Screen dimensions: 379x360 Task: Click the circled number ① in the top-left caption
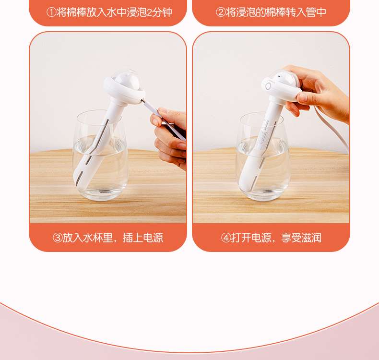point(51,12)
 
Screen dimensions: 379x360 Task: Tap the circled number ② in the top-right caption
point(220,12)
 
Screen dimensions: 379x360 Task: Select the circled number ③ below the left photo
point(58,238)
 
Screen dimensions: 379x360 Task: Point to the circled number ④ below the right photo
point(226,238)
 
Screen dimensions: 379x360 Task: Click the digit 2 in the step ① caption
point(149,12)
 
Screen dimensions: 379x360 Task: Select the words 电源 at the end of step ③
point(153,238)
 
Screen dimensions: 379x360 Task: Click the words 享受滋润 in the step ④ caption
point(301,238)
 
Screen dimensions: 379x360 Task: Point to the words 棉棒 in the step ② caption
point(275,12)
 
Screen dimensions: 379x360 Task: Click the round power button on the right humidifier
point(268,86)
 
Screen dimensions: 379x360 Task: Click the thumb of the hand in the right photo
point(303,97)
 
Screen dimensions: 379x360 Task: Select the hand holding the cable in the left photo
point(170,138)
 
